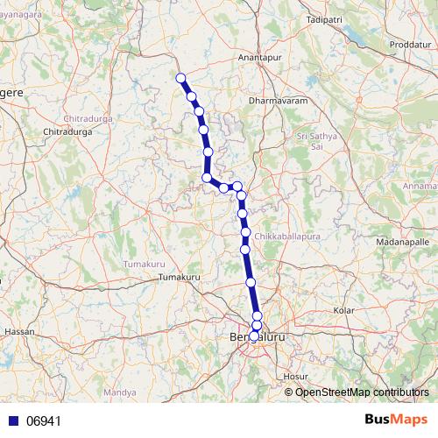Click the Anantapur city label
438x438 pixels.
258,58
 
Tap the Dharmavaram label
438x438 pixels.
274,102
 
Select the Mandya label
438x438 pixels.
114,392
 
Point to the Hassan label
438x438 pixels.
18,332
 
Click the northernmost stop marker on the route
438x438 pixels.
181,78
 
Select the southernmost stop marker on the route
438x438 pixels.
254,336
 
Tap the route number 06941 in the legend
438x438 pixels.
44,421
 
